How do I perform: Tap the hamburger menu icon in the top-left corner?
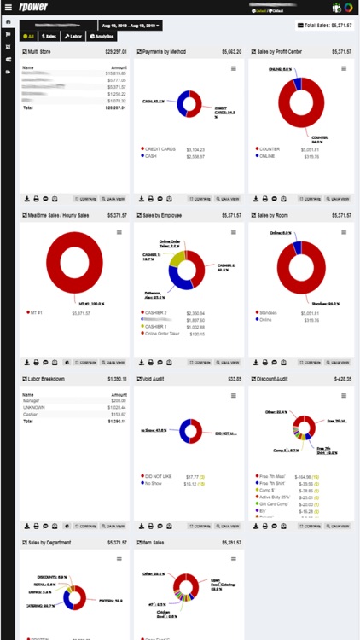(9, 8)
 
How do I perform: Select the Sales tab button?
(49, 38)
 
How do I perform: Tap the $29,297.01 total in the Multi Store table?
(115, 108)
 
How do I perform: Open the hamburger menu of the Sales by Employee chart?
(234, 232)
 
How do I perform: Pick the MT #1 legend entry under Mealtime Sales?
(37, 313)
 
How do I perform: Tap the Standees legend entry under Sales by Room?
(269, 313)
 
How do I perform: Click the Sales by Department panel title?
(49, 542)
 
